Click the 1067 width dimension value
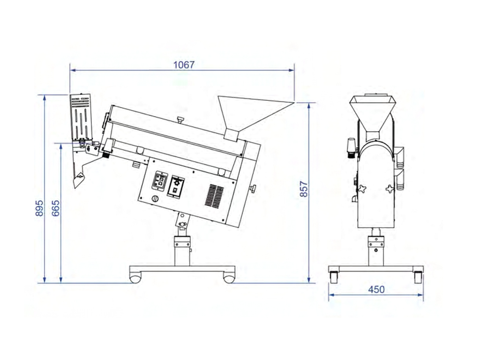184,65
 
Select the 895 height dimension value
39,209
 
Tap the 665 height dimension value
55,209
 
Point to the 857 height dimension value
303,189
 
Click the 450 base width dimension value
376,290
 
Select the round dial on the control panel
156,199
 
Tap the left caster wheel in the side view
135,278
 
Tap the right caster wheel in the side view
229,278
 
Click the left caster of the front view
334,277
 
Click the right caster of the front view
418,277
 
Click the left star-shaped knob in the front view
362,188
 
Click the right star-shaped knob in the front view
390,189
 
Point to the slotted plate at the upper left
81,117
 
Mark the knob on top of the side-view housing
180,120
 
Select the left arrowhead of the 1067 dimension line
73,70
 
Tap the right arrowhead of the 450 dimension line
420,295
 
